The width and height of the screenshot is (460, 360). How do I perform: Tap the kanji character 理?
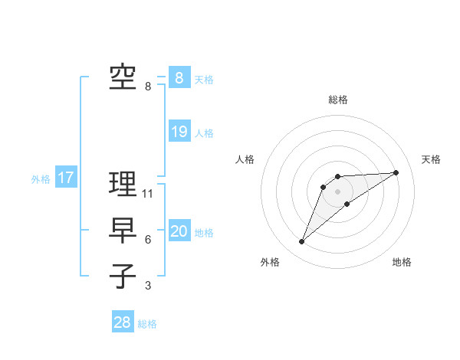(123, 184)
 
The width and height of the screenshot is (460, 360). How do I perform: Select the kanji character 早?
(123, 231)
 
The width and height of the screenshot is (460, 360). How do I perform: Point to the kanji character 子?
(123, 277)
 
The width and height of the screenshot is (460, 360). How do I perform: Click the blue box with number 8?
(179, 77)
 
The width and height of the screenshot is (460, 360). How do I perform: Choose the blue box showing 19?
(179, 132)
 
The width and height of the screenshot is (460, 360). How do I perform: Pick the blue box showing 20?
(179, 231)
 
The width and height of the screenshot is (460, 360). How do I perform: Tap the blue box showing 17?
(65, 178)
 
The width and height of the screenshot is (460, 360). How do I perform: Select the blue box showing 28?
(123, 322)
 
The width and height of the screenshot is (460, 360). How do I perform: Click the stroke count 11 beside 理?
(148, 194)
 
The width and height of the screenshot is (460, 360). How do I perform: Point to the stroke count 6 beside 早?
(148, 240)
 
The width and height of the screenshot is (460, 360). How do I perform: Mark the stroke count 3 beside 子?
(148, 286)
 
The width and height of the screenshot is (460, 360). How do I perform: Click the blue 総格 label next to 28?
(147, 324)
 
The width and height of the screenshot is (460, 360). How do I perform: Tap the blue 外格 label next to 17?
(41, 179)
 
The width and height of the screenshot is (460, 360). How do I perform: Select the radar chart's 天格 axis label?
(431, 159)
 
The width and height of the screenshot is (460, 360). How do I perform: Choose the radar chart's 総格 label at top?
(337, 100)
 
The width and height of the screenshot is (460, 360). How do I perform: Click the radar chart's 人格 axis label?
(245, 159)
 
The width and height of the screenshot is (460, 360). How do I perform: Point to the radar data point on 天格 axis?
(396, 172)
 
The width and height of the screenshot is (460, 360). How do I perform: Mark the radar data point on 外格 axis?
(301, 242)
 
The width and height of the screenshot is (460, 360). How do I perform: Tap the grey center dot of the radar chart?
(337, 191)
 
